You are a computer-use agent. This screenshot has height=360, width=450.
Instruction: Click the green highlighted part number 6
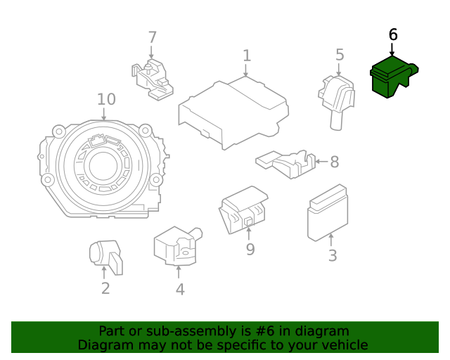[391, 78]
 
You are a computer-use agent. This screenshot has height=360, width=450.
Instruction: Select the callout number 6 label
[392, 34]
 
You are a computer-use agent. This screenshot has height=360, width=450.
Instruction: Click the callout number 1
[247, 56]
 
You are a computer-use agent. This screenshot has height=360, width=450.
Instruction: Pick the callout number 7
[152, 38]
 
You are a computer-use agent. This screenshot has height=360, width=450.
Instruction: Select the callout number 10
[106, 99]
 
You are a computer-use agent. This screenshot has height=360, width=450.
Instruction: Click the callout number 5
[340, 55]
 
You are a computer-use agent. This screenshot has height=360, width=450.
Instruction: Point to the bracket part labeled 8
[285, 164]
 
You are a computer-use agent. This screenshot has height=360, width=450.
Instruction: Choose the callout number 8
[334, 162]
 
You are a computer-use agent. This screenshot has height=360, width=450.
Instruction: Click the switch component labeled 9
[244, 209]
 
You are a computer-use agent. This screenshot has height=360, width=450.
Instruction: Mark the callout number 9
[250, 249]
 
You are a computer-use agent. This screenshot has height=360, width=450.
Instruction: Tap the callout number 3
[332, 256]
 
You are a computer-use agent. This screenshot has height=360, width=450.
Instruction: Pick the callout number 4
[180, 289]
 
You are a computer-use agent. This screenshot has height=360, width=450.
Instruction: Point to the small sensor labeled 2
[105, 255]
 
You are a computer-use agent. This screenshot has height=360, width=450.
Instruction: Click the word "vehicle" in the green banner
[342, 345]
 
